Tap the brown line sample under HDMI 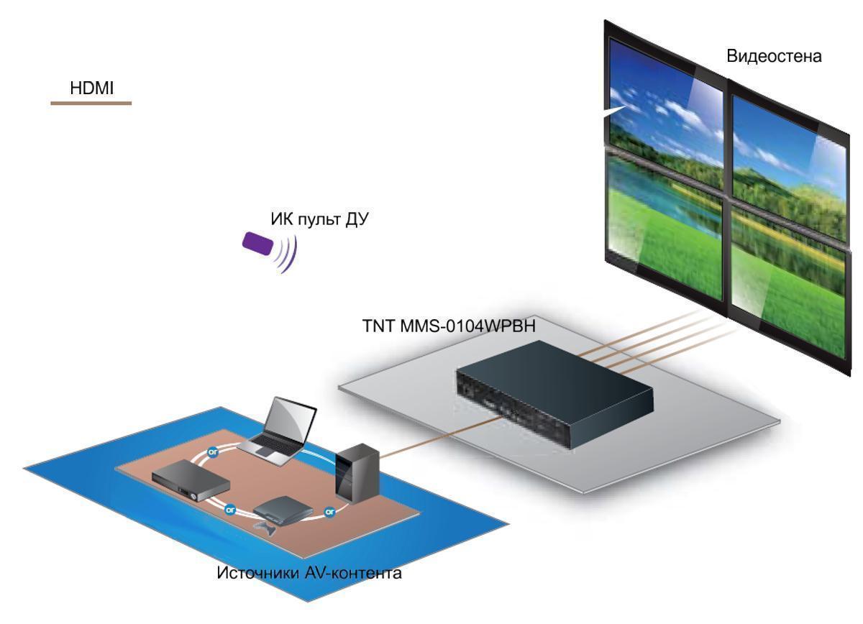[x=91, y=104]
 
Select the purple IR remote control [x=257, y=243]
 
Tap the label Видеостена [x=774, y=56]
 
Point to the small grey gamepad [x=262, y=530]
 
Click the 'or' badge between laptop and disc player [x=213, y=453]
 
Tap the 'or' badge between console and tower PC [x=330, y=512]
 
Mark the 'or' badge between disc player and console [x=230, y=509]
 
